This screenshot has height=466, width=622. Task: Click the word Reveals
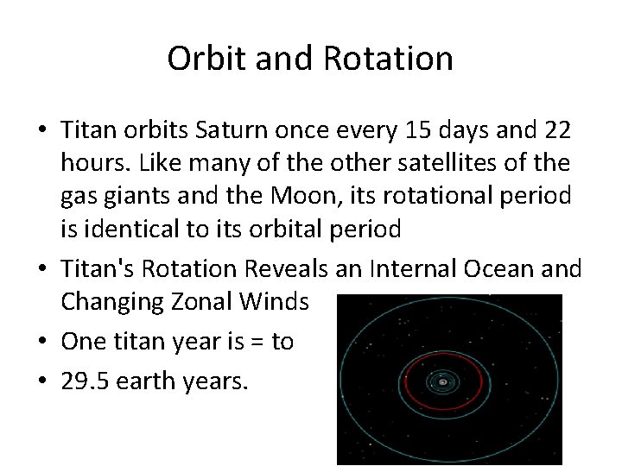coord(285,269)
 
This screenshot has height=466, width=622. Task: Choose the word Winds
coord(277,302)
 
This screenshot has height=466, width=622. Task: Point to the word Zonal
coord(210,302)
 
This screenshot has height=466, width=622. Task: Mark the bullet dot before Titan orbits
coord(42,130)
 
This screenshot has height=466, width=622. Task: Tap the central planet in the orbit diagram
coord(443,381)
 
